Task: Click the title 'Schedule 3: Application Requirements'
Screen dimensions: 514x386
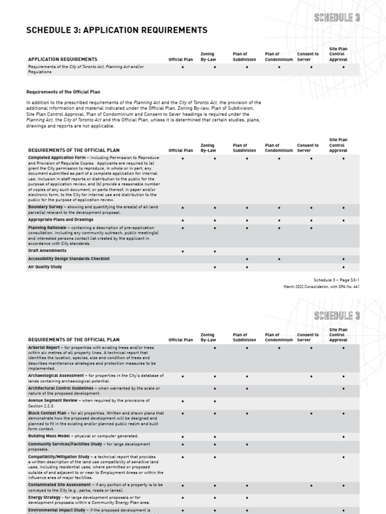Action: coord(117,31)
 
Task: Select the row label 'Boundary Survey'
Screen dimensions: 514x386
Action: coord(46,207)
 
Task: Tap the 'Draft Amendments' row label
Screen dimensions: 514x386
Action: coord(47,250)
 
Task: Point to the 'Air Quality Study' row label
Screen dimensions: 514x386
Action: coord(45,267)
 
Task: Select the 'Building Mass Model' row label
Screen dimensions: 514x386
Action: coord(50,436)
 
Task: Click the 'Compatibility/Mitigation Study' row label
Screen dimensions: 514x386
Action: coord(59,457)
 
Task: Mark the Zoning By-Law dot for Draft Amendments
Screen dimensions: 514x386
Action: coord(215,251)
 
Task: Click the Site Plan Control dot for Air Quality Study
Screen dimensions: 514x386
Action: coord(343,267)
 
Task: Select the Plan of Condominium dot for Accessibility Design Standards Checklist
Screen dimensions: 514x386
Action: coord(279,259)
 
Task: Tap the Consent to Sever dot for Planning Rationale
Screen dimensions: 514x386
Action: coord(311,228)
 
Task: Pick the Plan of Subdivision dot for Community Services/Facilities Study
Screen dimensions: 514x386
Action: coord(247,445)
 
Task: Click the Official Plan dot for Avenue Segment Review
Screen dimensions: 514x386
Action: coord(182,401)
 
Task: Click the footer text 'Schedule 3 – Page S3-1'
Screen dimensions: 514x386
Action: coord(336,280)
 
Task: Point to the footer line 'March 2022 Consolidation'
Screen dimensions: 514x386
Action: coord(321,287)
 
